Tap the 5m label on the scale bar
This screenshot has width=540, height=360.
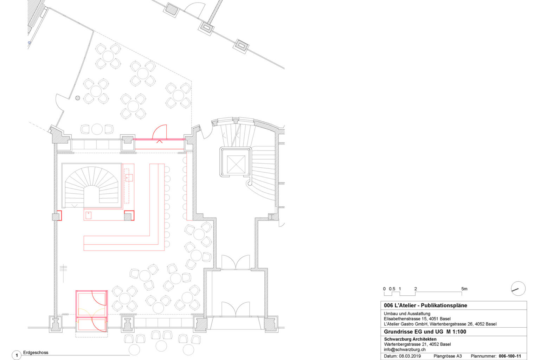pos(464,289)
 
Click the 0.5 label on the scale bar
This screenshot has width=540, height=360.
pos(392,289)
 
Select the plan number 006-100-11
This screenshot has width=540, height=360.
pos(510,356)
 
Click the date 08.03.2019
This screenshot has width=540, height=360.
pos(410,356)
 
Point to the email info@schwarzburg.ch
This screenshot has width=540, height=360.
pos(405,349)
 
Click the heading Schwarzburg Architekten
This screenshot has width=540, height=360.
pos(410,339)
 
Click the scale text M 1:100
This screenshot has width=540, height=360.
pos(456,332)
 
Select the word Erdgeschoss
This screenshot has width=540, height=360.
pos(36,353)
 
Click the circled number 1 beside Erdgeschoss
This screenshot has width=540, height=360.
pos(17,355)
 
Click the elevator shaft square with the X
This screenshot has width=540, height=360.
pos(236,164)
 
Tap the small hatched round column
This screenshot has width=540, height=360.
pos(78,98)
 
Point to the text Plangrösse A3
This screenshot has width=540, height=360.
pos(448,356)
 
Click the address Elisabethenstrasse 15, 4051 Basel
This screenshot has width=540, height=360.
pos(417,319)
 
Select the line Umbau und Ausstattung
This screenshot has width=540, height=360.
pos(407,314)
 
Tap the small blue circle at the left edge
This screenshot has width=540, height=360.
pos(29,43)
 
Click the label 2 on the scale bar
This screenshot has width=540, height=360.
pos(415,289)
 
